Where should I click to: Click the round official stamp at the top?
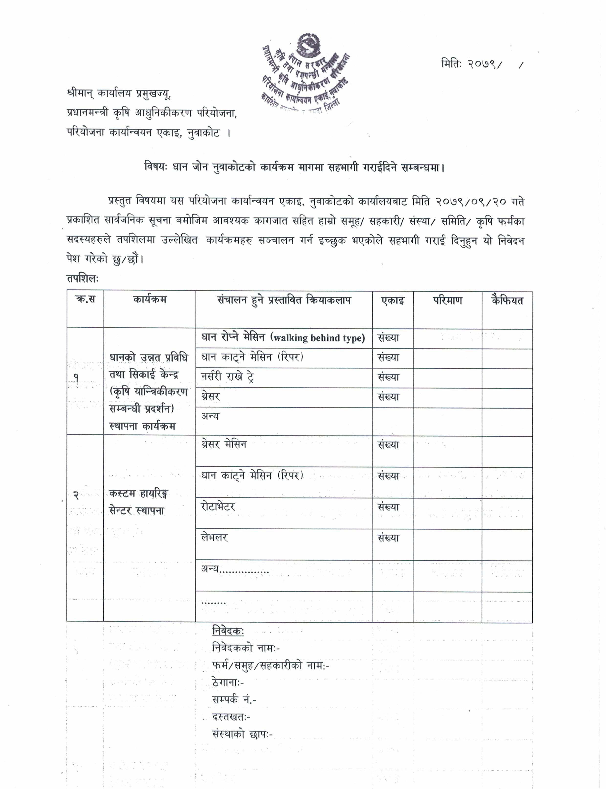[306, 72]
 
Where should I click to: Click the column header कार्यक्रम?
[150, 299]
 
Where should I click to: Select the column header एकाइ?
[392, 300]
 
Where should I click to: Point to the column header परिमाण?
[447, 300]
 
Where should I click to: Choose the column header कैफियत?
[507, 300]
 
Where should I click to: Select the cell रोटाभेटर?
[218, 507]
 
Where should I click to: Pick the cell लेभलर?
[214, 538]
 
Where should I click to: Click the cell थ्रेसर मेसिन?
[224, 444]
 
